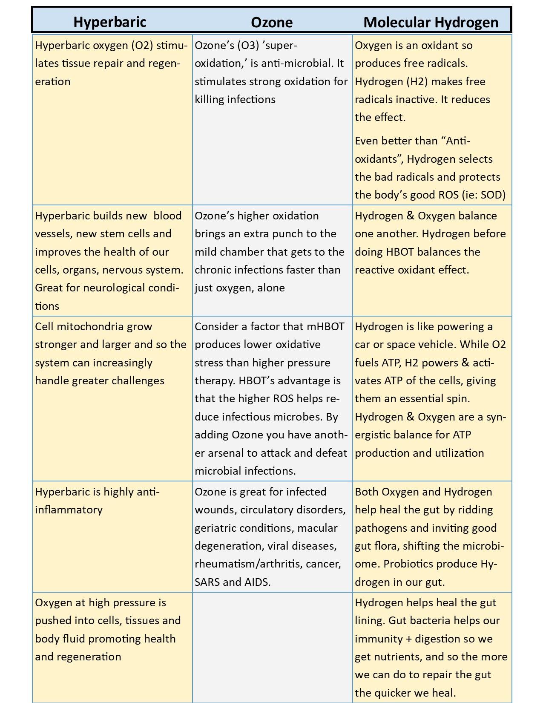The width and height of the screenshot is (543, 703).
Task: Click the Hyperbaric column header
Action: (110, 22)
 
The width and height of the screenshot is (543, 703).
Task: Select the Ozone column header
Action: (272, 22)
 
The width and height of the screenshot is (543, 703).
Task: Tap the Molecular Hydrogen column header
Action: (431, 22)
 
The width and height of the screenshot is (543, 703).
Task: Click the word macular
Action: (317, 528)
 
